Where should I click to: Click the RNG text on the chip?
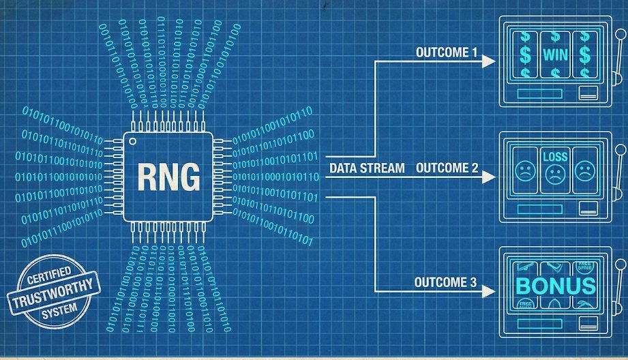[x=170, y=177]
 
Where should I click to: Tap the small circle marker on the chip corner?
[x=133, y=142]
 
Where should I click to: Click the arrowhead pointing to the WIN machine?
[x=488, y=61]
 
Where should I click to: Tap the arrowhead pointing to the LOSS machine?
[x=488, y=177]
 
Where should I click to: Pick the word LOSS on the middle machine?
[x=555, y=157]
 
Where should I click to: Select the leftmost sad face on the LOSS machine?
[x=524, y=170]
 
